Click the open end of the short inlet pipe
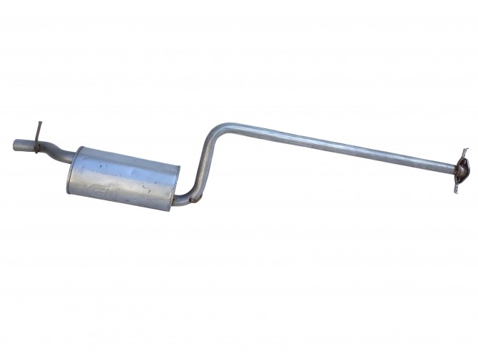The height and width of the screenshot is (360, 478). pos(16,145)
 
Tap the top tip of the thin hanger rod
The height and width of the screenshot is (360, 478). pos(40,124)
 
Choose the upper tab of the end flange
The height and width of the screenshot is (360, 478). pos(465,153)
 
